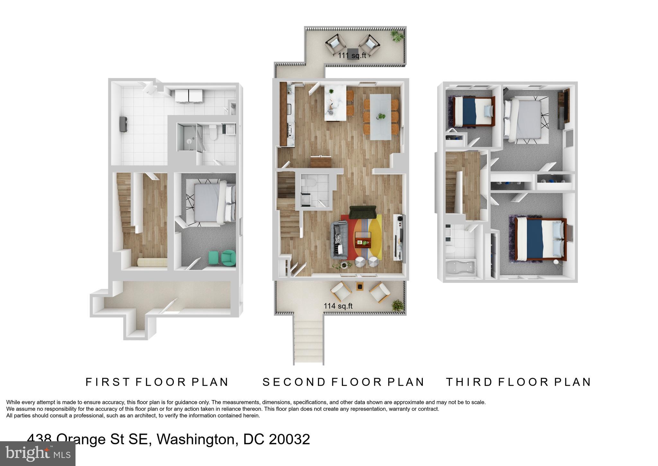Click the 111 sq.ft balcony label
coord(352,56)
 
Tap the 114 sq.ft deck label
coord(338,306)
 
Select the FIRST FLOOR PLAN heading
coord(157,382)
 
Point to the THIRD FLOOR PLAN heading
coord(519,382)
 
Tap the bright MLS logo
coord(38,453)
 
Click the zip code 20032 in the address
coord(289,439)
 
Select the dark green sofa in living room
coord(363,212)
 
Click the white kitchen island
coord(335,102)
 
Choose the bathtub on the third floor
coord(460,268)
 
